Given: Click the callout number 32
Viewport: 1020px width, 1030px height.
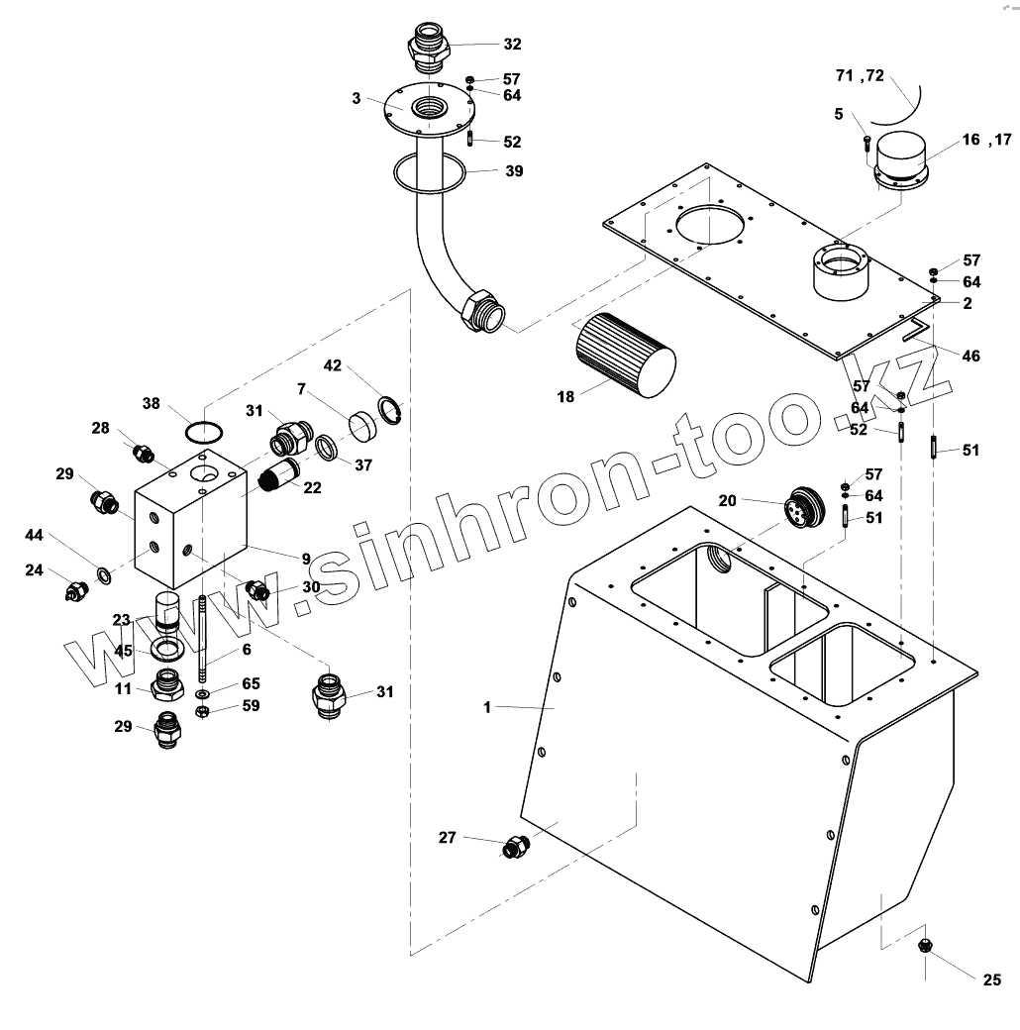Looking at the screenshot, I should click(512, 45).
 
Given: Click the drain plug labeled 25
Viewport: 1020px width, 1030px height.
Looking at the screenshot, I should click(928, 944).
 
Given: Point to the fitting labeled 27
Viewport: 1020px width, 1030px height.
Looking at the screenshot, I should click(515, 847).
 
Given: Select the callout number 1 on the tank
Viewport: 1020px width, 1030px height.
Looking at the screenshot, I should click(487, 707).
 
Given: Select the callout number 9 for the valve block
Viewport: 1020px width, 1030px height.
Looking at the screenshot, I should click(306, 560).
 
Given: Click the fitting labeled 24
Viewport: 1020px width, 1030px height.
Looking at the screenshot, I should click(75, 591).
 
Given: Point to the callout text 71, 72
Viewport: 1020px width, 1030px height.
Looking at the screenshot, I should click(860, 76).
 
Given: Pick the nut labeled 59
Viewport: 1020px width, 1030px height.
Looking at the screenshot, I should click(202, 709).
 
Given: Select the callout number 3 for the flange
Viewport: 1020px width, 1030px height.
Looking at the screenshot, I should click(355, 99).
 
